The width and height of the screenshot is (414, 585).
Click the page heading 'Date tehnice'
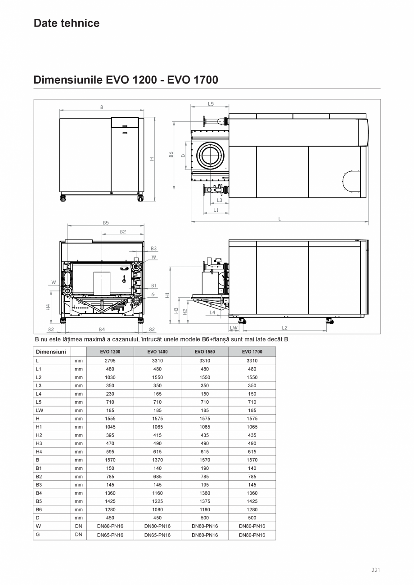[x=67, y=23]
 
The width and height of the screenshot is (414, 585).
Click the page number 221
[x=376, y=570]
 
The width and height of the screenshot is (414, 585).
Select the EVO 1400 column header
[x=157, y=352]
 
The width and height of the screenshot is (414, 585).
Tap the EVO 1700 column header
[x=252, y=352]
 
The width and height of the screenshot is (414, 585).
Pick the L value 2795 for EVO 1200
[x=110, y=361]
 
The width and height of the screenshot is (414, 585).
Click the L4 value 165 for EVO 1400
[x=157, y=394]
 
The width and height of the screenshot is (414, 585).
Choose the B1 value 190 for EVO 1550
[x=205, y=468]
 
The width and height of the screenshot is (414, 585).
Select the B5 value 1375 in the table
[x=205, y=501]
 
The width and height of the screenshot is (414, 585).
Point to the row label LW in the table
[x=40, y=411]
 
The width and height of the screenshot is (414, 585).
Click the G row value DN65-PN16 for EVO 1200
[x=110, y=535]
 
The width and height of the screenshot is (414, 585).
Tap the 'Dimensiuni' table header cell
[x=51, y=352]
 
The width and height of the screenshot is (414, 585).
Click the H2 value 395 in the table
[x=110, y=435]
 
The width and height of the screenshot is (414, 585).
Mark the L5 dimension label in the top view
[x=211, y=103]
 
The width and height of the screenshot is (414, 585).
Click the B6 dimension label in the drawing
[x=171, y=154]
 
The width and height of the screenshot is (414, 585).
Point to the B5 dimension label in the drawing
[x=106, y=222]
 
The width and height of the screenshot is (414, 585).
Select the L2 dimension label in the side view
[x=284, y=328]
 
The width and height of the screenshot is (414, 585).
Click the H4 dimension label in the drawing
[x=48, y=307]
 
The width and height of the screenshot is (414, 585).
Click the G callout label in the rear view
[x=153, y=295]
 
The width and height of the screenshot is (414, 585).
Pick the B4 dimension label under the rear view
[x=102, y=330]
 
